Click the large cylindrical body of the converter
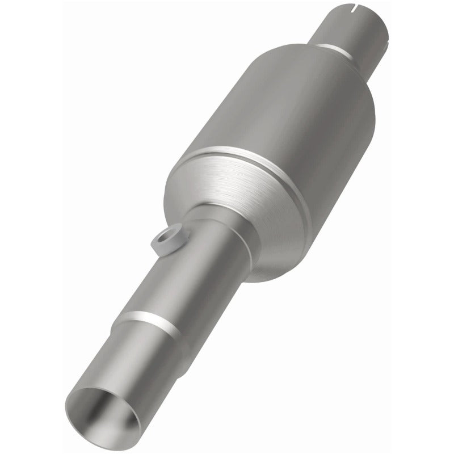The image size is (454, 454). click(284, 113)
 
